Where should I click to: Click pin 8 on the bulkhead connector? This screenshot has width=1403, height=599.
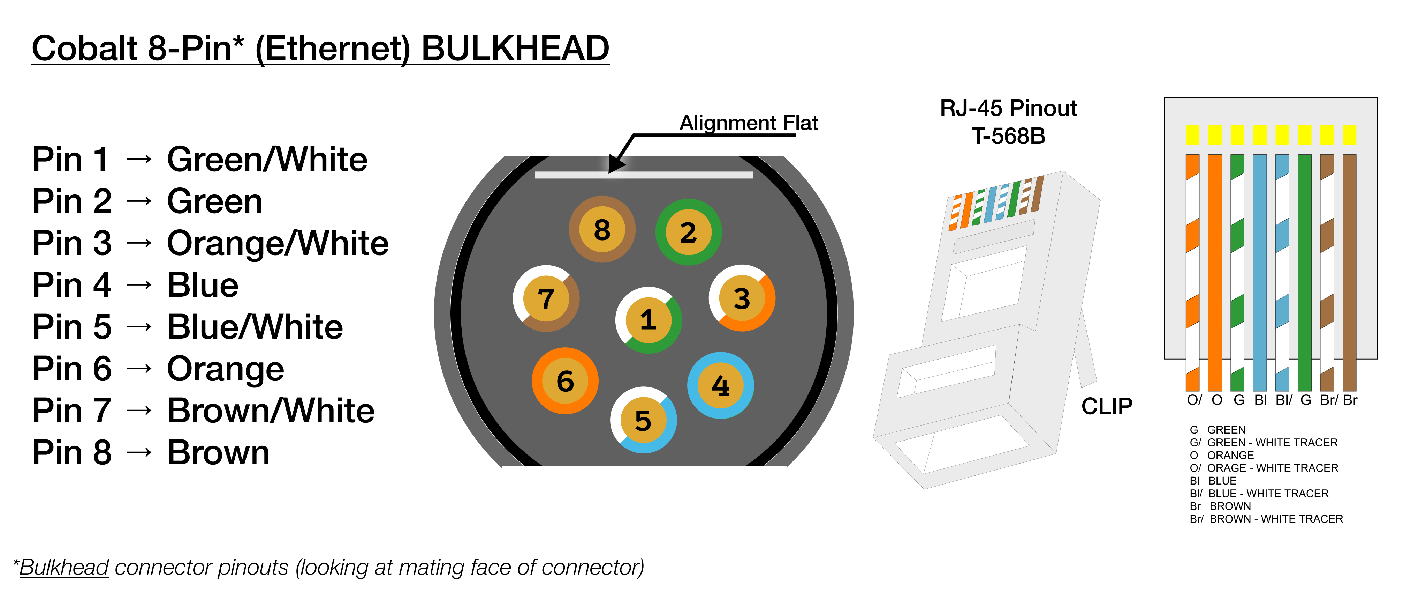[602, 229]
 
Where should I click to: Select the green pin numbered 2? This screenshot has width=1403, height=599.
[689, 232]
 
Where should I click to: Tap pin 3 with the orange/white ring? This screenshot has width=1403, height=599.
[742, 298]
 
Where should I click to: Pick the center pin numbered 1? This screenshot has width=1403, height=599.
[648, 320]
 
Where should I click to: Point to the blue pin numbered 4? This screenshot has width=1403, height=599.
[721, 385]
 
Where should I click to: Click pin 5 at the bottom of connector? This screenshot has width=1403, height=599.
[643, 420]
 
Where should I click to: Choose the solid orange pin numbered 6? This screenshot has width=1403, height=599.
[565, 380]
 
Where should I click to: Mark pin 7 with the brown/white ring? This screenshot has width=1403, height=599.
[546, 299]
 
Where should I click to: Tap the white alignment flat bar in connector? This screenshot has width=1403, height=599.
[643, 175]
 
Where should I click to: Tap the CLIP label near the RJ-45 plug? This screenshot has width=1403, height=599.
[1106, 406]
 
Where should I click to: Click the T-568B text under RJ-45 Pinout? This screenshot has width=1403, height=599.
[1008, 136]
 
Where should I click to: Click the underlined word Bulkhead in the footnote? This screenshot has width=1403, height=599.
[64, 567]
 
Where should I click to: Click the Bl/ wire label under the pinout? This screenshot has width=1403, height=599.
[1283, 400]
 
